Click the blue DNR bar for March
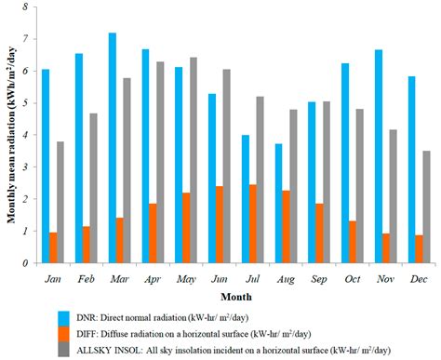[x=113, y=148]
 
